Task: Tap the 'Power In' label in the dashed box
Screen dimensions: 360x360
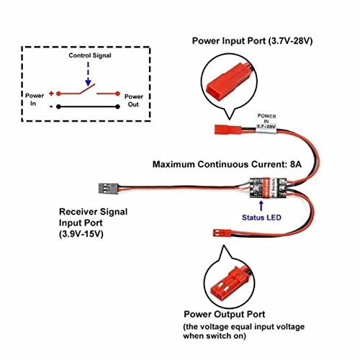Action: [x=35, y=99]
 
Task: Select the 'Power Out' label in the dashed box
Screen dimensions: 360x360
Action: [x=134, y=99]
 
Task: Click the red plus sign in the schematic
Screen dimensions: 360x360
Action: [x=53, y=94]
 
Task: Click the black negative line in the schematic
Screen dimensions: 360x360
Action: [x=86, y=107]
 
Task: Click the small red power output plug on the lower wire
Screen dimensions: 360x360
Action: [x=219, y=234]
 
